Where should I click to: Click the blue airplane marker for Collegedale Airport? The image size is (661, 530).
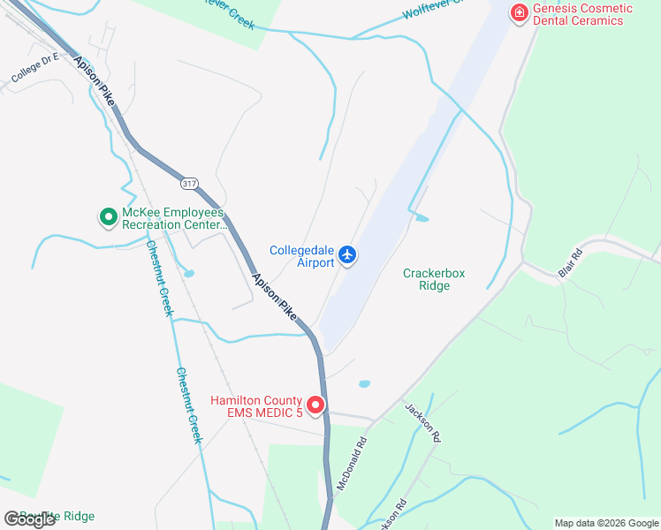[347, 255]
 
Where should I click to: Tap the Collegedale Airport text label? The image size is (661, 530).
[302, 256]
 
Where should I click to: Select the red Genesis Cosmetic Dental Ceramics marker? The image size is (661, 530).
[519, 13]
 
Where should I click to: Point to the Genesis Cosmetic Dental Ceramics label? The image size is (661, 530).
[582, 14]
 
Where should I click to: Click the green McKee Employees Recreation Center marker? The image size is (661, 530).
[108, 216]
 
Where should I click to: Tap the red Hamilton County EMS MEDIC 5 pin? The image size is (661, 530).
[315, 405]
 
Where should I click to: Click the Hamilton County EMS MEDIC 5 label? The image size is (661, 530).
[256, 406]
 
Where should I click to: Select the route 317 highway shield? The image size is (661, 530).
[188, 183]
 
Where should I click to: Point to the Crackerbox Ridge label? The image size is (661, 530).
[433, 279]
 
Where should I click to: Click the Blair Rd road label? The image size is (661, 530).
[571, 263]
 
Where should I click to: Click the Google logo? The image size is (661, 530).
[29, 519]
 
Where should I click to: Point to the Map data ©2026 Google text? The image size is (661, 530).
[606, 523]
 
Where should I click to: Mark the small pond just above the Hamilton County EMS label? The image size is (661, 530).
[364, 384]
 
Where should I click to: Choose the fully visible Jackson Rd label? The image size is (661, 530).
[422, 421]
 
